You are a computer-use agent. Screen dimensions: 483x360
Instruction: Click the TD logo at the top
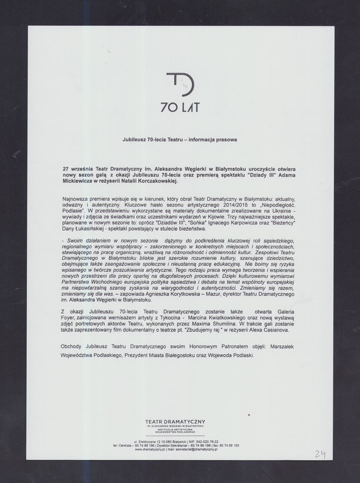[180, 85]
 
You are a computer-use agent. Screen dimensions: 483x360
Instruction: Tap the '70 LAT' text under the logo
[180, 107]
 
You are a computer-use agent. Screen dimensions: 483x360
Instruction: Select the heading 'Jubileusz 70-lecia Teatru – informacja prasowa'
[180, 140]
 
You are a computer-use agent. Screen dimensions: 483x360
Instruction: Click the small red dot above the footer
[250, 414]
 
